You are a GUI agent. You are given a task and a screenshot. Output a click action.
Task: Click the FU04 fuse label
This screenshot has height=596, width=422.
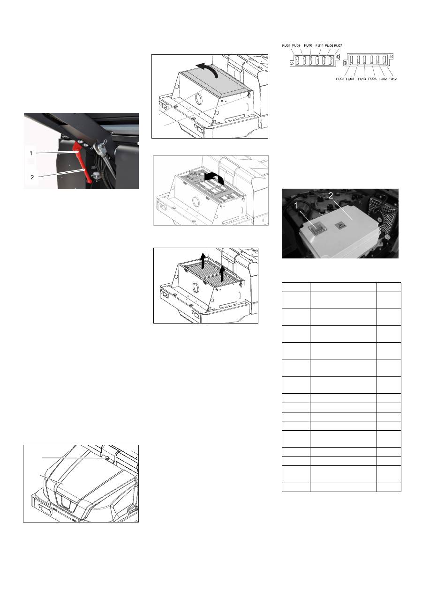[286, 45]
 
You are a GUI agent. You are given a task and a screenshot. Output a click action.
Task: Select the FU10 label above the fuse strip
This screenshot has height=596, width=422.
[308, 45]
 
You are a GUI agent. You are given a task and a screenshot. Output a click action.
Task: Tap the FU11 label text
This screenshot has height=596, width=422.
[319, 45]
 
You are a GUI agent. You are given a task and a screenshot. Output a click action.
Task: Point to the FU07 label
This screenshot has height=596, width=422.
[338, 45]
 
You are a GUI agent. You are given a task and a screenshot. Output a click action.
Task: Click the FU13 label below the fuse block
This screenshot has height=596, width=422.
[362, 79]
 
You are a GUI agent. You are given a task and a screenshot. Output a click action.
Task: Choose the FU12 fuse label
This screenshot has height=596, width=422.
[393, 79]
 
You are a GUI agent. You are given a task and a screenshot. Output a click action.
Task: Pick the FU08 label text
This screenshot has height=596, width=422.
[340, 79]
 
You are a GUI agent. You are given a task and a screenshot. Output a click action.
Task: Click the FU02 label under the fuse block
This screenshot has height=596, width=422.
[383, 79]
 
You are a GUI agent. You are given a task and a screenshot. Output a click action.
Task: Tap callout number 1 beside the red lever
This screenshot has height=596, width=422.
[31, 153]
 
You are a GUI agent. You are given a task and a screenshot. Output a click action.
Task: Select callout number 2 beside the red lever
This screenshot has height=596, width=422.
[32, 177]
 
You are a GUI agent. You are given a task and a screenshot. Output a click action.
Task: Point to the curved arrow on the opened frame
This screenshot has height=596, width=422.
[214, 177]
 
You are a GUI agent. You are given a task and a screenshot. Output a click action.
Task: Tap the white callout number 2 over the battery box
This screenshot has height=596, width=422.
[331, 196]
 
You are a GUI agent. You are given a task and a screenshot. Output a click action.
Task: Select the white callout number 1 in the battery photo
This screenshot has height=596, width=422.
[296, 206]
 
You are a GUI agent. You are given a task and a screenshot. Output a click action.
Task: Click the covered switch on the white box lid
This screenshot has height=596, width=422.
[317, 228]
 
